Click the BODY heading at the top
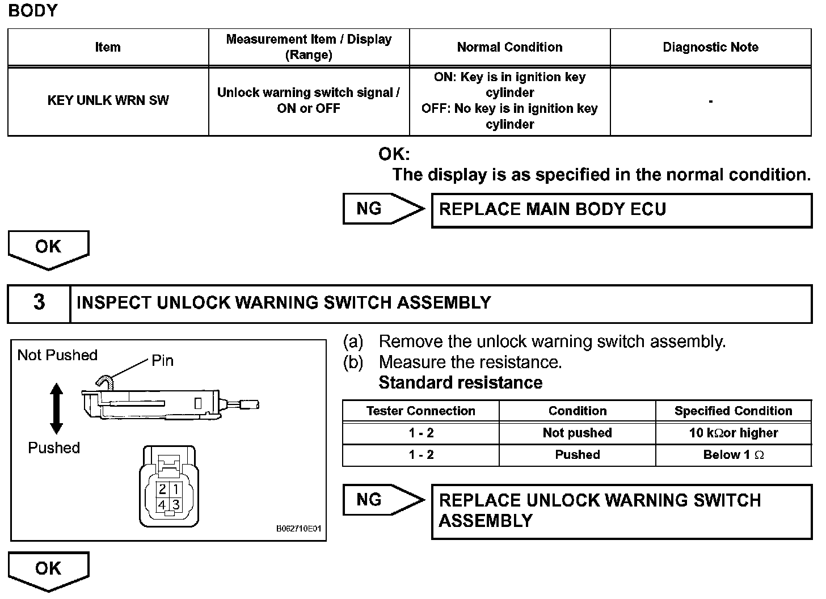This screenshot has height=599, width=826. coord(33,11)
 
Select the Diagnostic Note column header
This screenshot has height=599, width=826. coord(710,47)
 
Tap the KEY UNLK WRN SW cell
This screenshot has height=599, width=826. coord(108,101)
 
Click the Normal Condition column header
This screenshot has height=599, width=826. coord(509,47)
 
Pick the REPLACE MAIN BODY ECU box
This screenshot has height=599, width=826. coord(621,210)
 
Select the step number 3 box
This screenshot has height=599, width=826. coord(39,303)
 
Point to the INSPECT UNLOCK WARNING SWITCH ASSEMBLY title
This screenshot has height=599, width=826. coord(284,303)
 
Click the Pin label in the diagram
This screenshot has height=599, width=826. coord(162,361)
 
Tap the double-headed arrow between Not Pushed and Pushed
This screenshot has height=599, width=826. coord(56,408)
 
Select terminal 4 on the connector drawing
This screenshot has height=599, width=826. coord(162,504)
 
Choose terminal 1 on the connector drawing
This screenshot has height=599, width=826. coord(176,489)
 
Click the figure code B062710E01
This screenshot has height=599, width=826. coord(298,529)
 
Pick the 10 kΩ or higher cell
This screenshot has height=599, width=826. coord(733,433)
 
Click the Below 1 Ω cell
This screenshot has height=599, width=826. coord(733,455)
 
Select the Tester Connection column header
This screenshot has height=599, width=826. coord(420,411)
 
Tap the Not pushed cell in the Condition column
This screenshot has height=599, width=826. coord(577,433)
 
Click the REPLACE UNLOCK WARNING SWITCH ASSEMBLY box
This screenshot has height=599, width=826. coord(621,511)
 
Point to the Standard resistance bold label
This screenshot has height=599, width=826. coord(460,383)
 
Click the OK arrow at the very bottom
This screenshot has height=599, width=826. coord(48,569)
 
